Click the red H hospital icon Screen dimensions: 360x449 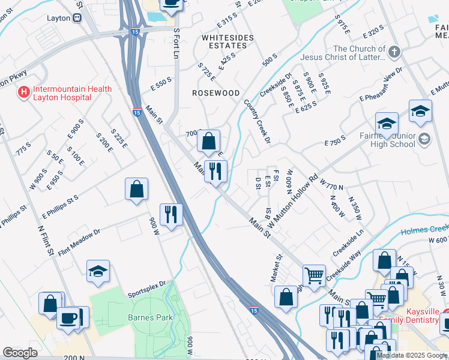(x=24, y=92)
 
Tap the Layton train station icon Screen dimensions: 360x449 (x=77, y=18)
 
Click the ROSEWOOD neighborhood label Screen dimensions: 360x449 (x=215, y=93)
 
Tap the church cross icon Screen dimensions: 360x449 (x=394, y=52)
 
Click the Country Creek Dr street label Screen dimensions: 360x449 (x=257, y=121)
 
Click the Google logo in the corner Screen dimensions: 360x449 (x=20, y=353)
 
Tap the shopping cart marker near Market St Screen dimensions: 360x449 (x=313, y=275)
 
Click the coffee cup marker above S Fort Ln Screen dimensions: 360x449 (x=172, y=4)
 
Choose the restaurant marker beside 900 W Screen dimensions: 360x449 (x=171, y=214)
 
